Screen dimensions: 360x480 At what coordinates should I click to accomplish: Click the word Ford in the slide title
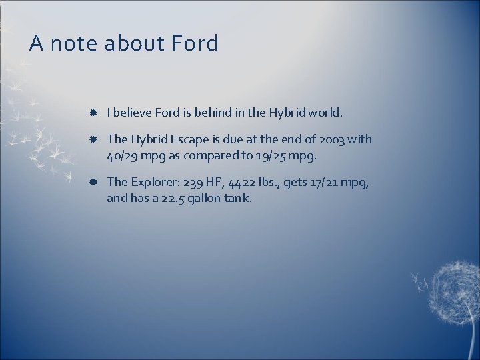point(194,44)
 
